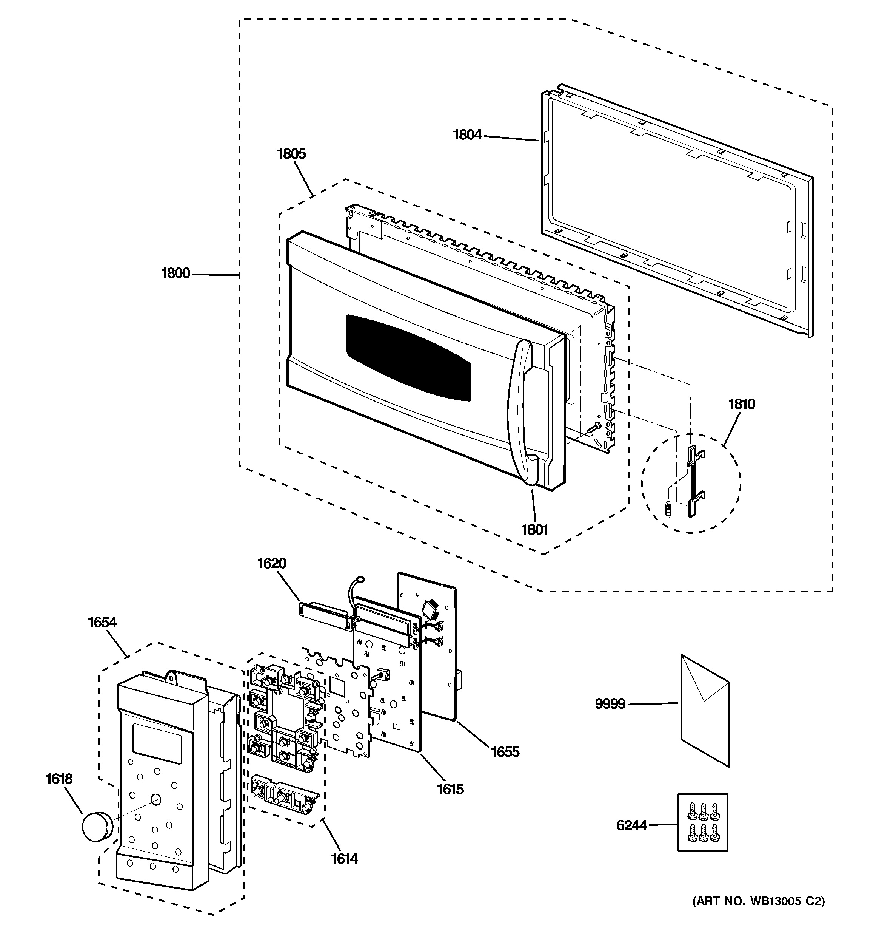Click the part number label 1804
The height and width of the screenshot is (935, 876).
tap(467, 135)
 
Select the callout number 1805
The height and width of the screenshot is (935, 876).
tap(291, 154)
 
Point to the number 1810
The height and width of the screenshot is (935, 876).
tap(742, 404)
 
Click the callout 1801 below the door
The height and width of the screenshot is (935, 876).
tap(535, 530)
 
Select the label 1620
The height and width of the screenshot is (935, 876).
tap(272, 563)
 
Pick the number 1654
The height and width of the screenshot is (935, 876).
tap(102, 622)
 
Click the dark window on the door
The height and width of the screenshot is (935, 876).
tap(408, 357)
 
